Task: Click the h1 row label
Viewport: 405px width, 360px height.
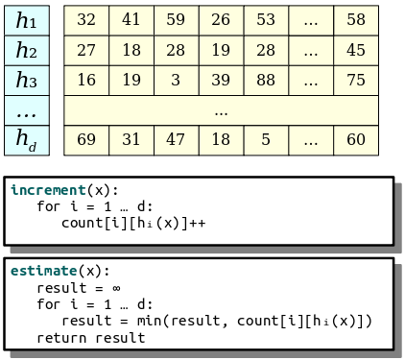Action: [x=27, y=20]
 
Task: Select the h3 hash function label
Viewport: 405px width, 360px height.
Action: [x=27, y=81]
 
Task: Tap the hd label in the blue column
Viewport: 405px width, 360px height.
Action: [x=27, y=140]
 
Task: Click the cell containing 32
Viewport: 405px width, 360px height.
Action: [x=86, y=20]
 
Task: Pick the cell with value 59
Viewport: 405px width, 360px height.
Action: [x=177, y=20]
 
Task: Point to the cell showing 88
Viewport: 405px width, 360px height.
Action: [x=266, y=81]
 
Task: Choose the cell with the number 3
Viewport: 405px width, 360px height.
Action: [x=177, y=81]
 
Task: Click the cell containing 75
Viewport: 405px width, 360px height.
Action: [x=356, y=81]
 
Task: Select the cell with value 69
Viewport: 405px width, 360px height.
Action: [x=86, y=140]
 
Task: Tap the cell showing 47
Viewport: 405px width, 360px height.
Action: [x=177, y=140]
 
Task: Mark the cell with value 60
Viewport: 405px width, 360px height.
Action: [x=356, y=140]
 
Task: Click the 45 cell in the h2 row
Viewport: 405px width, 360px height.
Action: [x=356, y=50]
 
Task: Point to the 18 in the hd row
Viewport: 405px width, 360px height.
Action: [x=221, y=140]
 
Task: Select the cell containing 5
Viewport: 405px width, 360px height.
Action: [x=266, y=140]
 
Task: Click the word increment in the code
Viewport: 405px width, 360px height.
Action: [x=48, y=190]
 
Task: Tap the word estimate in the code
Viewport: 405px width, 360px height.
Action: [x=44, y=271]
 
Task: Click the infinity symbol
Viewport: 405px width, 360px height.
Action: [x=116, y=288]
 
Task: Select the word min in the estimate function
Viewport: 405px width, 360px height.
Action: [x=150, y=321]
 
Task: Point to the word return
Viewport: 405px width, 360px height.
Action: [x=61, y=338]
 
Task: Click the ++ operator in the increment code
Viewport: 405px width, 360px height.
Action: [x=197, y=224]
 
